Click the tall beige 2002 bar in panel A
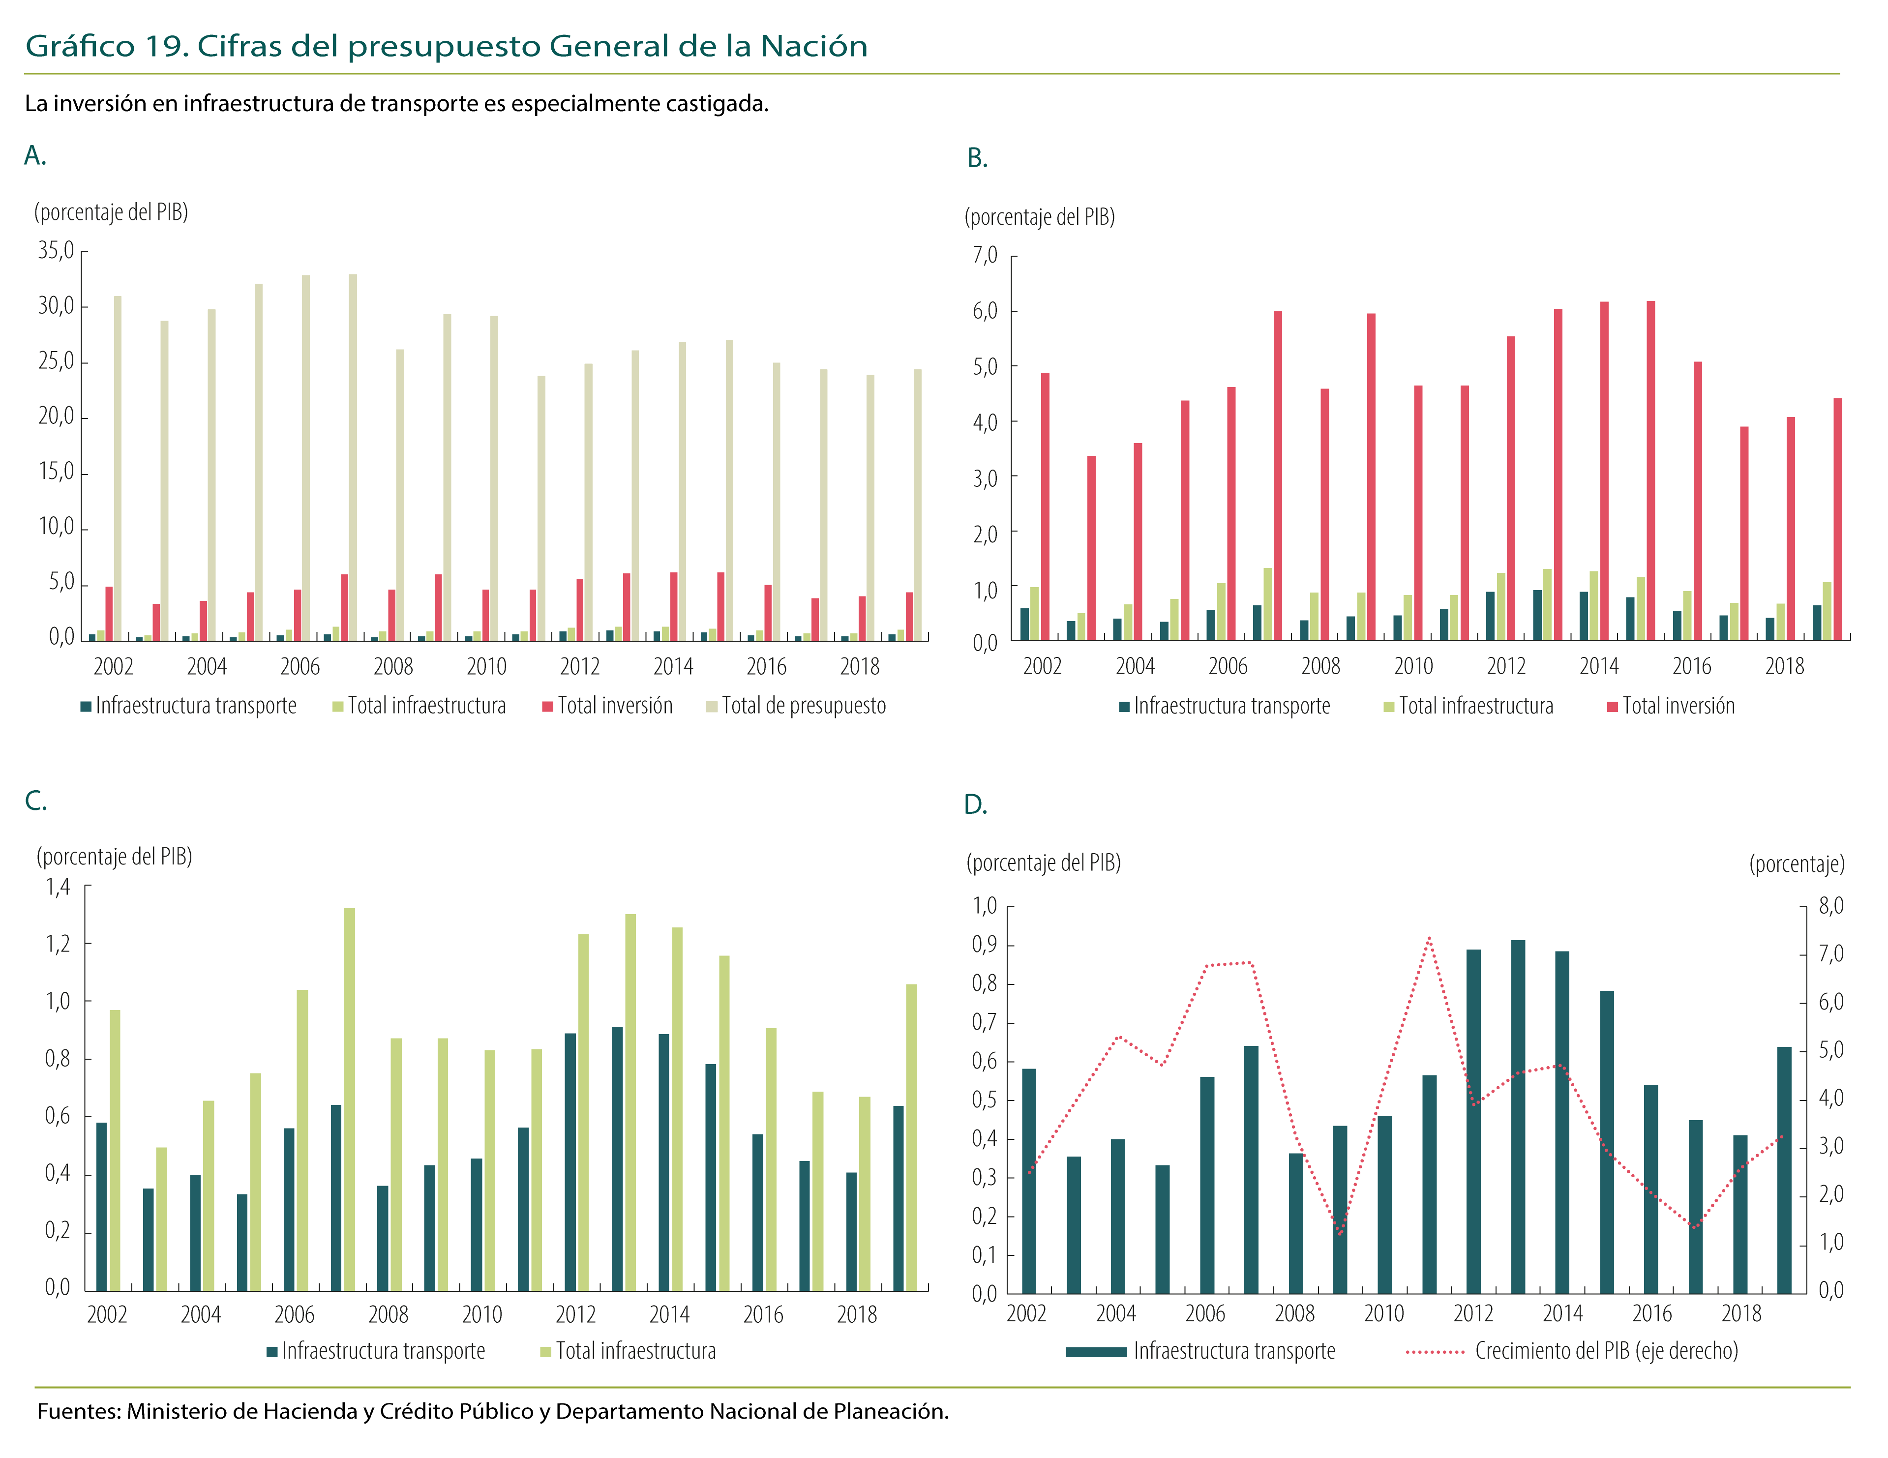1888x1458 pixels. point(118,467)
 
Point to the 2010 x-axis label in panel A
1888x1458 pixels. point(487,666)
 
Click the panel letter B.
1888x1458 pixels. point(977,159)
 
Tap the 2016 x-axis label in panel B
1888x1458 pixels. point(1692,666)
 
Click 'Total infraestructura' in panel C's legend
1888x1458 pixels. point(635,1351)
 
